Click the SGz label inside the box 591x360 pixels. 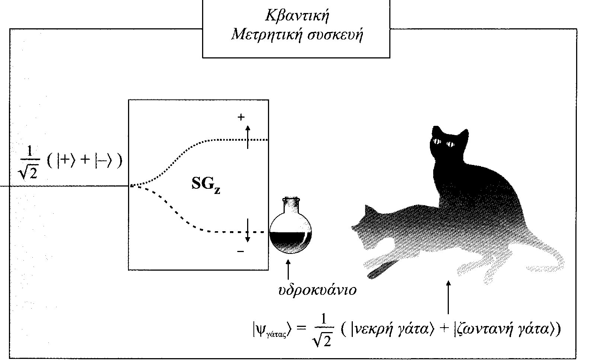click(x=205, y=185)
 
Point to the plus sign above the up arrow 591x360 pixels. click(x=241, y=117)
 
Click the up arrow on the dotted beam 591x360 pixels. click(x=247, y=137)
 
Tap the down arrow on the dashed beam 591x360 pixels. click(x=247, y=231)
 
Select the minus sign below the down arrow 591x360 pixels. click(x=240, y=252)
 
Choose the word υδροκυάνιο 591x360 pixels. click(x=317, y=290)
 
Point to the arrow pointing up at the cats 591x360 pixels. click(x=448, y=298)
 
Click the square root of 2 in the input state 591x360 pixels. click(x=29, y=172)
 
